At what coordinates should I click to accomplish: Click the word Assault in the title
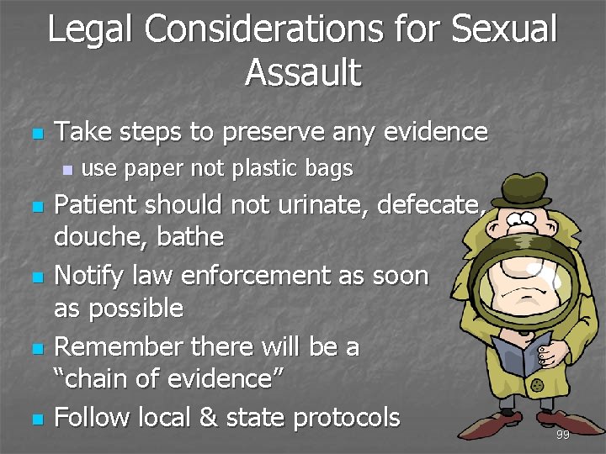(303, 72)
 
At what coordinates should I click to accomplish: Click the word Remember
(120, 346)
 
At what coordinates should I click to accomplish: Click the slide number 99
(562, 435)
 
